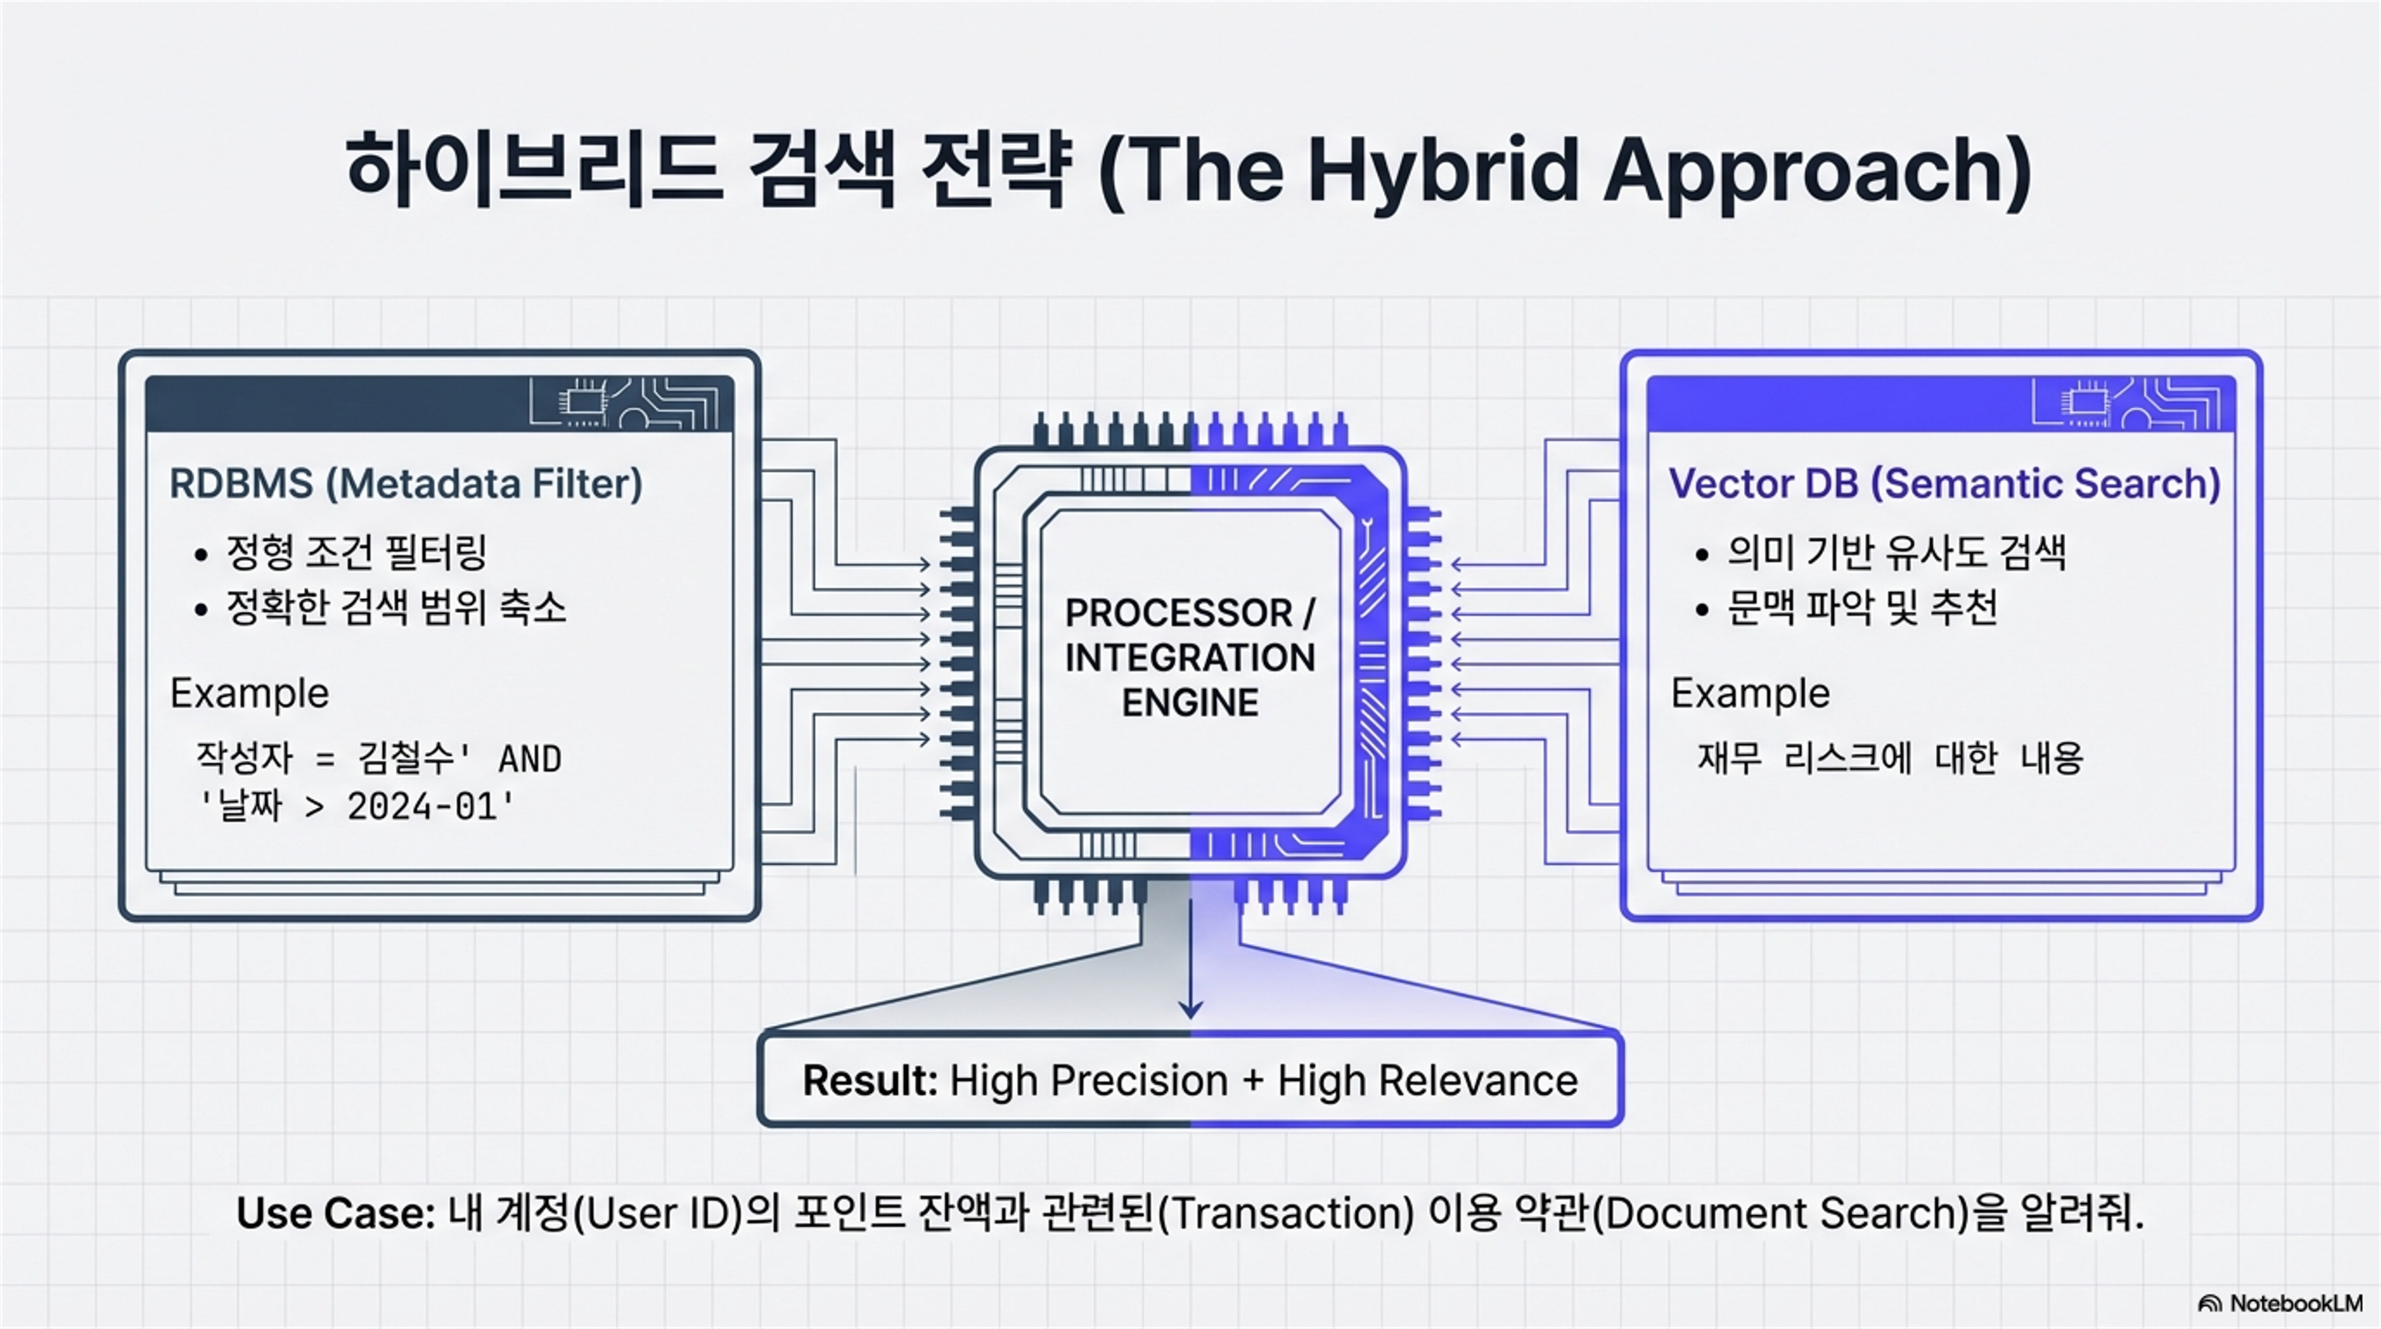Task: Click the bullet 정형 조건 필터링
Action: click(x=356, y=553)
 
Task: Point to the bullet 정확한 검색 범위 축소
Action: click(x=396, y=607)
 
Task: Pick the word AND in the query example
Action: click(x=530, y=760)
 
